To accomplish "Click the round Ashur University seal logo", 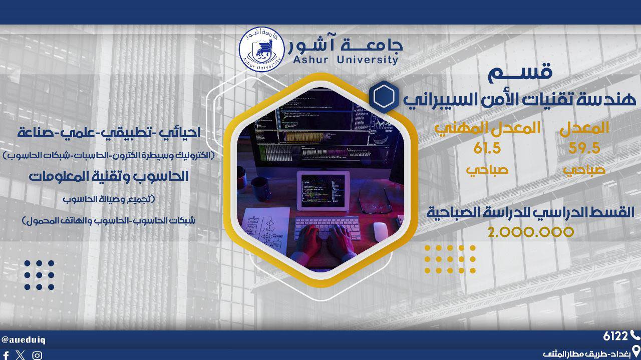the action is point(261,50).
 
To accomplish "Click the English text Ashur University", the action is point(346,60).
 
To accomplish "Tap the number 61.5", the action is point(487,148).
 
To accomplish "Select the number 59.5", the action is point(584,148).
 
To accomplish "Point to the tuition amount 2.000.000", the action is point(531,232).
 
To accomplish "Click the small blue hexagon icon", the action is point(384,97).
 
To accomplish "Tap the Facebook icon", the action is point(6,355).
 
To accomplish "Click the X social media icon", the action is point(21,355).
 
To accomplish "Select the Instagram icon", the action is point(37,355).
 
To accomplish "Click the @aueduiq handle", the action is point(23,340).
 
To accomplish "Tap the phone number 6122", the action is point(615,336).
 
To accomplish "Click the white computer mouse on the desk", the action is point(381,231).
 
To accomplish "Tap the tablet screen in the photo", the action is point(323,190).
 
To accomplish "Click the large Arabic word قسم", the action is point(520,73).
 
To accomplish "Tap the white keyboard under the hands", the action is point(327,227).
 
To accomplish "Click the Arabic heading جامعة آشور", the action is point(346,45).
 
